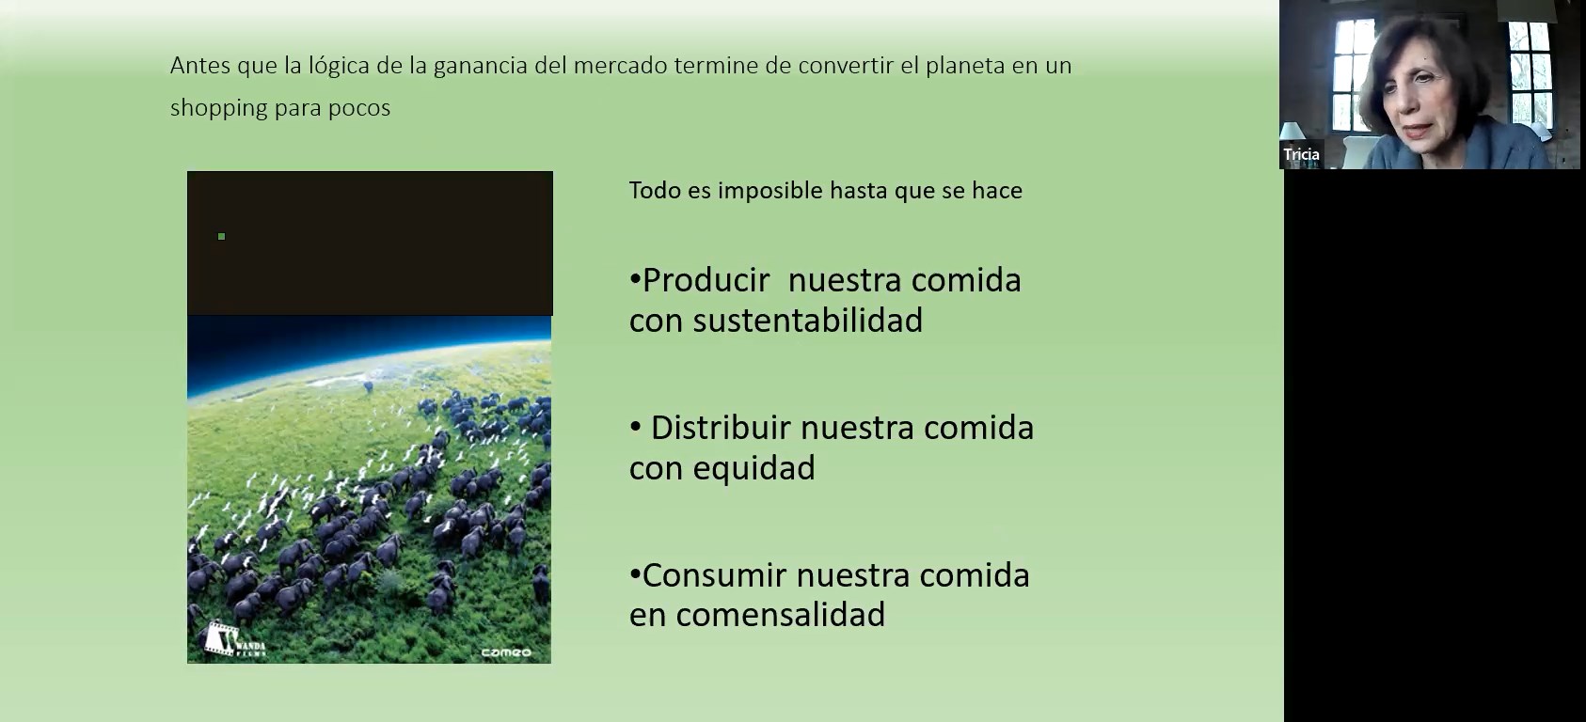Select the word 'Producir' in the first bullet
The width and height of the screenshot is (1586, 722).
(x=706, y=280)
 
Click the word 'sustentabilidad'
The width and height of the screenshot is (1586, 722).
(x=808, y=321)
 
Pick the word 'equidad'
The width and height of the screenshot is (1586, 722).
(x=754, y=468)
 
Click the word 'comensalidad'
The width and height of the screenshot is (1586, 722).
(x=781, y=615)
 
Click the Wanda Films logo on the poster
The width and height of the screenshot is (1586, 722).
(x=233, y=639)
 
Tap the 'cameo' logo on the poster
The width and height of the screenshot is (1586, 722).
(x=506, y=651)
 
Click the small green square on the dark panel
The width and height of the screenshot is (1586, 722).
(x=222, y=236)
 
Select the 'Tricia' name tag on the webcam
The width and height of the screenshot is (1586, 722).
(x=1301, y=154)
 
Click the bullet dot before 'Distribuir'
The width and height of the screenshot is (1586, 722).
(x=635, y=427)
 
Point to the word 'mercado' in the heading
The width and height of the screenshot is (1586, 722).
(x=620, y=66)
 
